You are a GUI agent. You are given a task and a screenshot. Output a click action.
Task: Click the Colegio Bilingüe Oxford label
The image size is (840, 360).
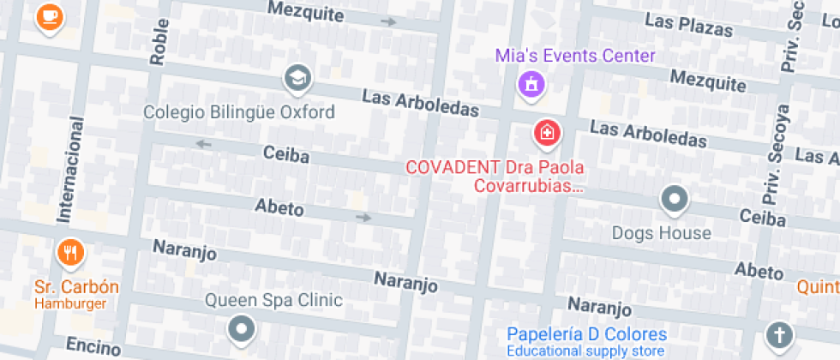coord(239,112)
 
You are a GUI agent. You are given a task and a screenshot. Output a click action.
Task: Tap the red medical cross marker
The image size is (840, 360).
coord(547,133)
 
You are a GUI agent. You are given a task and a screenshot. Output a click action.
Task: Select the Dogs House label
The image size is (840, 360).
coord(662,232)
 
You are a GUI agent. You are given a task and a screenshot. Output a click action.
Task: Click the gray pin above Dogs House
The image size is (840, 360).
coord(675,200)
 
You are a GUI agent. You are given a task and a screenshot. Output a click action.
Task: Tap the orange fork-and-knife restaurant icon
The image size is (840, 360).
coord(69,252)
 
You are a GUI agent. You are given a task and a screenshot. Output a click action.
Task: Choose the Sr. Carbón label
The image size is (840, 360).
coord(77,286)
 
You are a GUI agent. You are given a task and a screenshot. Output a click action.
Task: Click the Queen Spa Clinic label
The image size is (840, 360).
coord(273,300)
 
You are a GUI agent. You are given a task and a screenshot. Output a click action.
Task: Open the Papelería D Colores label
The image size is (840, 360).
coord(586,334)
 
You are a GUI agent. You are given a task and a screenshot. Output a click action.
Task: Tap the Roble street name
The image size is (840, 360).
coord(159,43)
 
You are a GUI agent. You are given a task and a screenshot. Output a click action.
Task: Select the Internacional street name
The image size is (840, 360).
coord(70,170)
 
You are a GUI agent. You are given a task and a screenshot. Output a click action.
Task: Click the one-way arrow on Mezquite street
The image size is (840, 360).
coord(388,21)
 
